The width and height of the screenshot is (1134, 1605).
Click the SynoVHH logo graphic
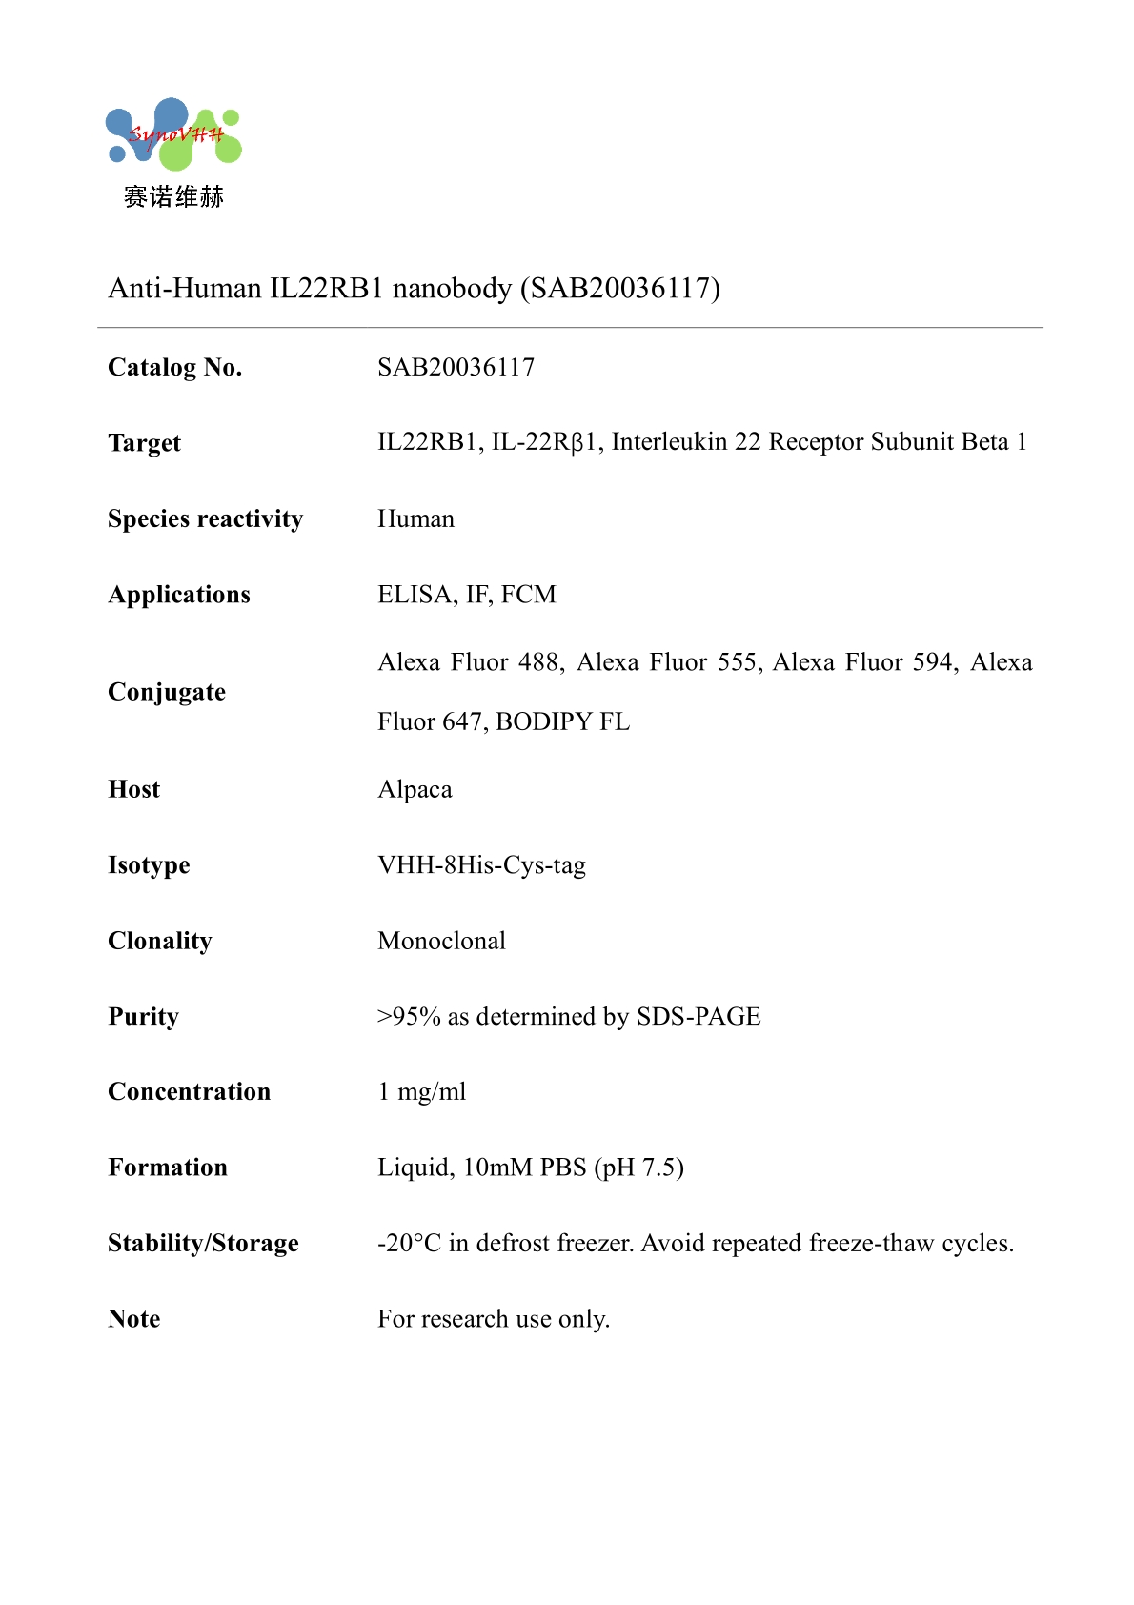pos(173,134)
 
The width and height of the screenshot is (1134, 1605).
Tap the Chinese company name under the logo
pos(173,197)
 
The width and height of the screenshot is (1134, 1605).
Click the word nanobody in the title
pos(452,288)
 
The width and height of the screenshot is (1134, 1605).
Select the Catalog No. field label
pos(175,367)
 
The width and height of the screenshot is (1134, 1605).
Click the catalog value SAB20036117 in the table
pos(456,367)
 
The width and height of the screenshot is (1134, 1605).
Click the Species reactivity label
pos(205,518)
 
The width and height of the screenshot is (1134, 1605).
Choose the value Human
pos(415,518)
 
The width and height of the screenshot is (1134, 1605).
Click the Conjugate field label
pos(167,692)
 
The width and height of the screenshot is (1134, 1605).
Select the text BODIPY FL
pos(562,721)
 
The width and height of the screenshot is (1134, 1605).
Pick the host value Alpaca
pos(415,789)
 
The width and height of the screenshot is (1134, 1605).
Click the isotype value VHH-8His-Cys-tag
pos(481,865)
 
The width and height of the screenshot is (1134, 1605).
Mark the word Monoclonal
pos(441,941)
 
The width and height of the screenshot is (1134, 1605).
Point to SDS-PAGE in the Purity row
pos(699,1017)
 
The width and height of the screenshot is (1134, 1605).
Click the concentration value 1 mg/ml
pos(421,1092)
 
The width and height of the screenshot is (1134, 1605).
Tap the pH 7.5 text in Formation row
pos(639,1168)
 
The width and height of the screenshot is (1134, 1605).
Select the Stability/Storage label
pos(203,1243)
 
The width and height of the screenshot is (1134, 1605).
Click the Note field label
pos(134,1319)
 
